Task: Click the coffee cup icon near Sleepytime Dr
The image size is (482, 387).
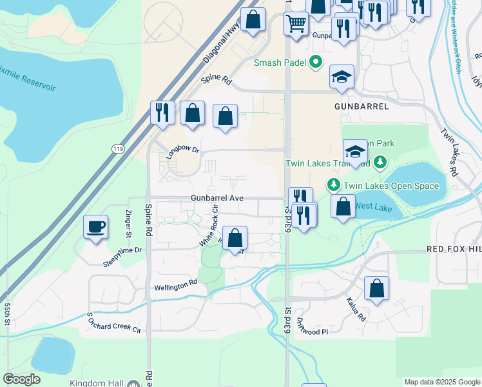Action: [96, 227]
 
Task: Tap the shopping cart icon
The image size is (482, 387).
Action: [296, 24]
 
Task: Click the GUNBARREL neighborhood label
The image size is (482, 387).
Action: [361, 106]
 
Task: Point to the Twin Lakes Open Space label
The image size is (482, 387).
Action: [391, 186]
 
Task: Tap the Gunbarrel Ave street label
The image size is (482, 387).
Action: [217, 197]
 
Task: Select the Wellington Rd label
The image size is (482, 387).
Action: [175, 284]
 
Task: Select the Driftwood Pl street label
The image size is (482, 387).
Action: [314, 331]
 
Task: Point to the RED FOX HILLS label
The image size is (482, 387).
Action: [454, 248]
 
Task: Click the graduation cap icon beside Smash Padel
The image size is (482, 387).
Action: [342, 77]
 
